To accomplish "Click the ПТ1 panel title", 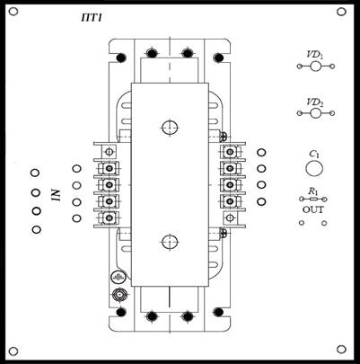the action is click(92, 18).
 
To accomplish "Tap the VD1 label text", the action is click(315, 56).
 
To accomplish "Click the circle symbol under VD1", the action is click(315, 67).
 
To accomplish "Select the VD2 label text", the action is click(315, 102).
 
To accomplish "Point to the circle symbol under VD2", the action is click(315, 113).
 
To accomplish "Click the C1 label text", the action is click(314, 155).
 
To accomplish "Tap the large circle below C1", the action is click(314, 169).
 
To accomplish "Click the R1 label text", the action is click(313, 191).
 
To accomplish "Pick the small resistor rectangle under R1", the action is click(313, 199).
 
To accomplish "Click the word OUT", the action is click(313, 209).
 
